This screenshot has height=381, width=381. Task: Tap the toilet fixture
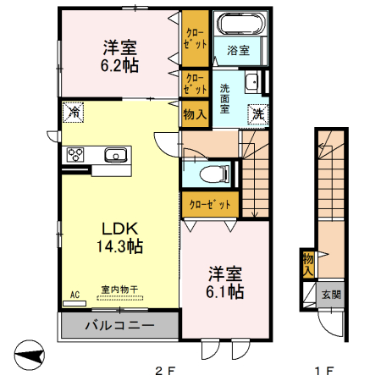[x=214, y=174]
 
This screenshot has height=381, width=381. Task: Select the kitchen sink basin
[x=115, y=155]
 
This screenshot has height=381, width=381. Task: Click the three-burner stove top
[x=75, y=155]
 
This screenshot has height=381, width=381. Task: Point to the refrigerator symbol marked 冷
[x=73, y=113]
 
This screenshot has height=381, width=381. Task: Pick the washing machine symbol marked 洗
[x=258, y=114]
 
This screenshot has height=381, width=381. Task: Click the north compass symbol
[x=30, y=355]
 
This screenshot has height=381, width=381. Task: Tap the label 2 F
[x=165, y=371]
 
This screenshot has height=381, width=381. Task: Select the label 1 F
[x=324, y=371]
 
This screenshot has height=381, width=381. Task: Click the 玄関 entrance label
[x=331, y=295]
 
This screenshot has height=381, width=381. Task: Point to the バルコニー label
[x=120, y=325]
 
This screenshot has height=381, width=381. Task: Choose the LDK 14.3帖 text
[x=120, y=237]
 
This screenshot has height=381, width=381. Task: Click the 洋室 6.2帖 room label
[x=120, y=57]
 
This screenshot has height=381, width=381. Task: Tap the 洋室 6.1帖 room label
[x=225, y=282]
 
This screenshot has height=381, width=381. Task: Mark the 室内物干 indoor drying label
[x=119, y=290]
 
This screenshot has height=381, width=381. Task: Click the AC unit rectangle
[x=75, y=303]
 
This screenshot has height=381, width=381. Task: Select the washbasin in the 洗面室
[x=252, y=82]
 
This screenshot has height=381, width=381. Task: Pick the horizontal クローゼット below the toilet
[x=210, y=204]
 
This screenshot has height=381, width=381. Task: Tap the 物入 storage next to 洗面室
[x=195, y=114]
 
